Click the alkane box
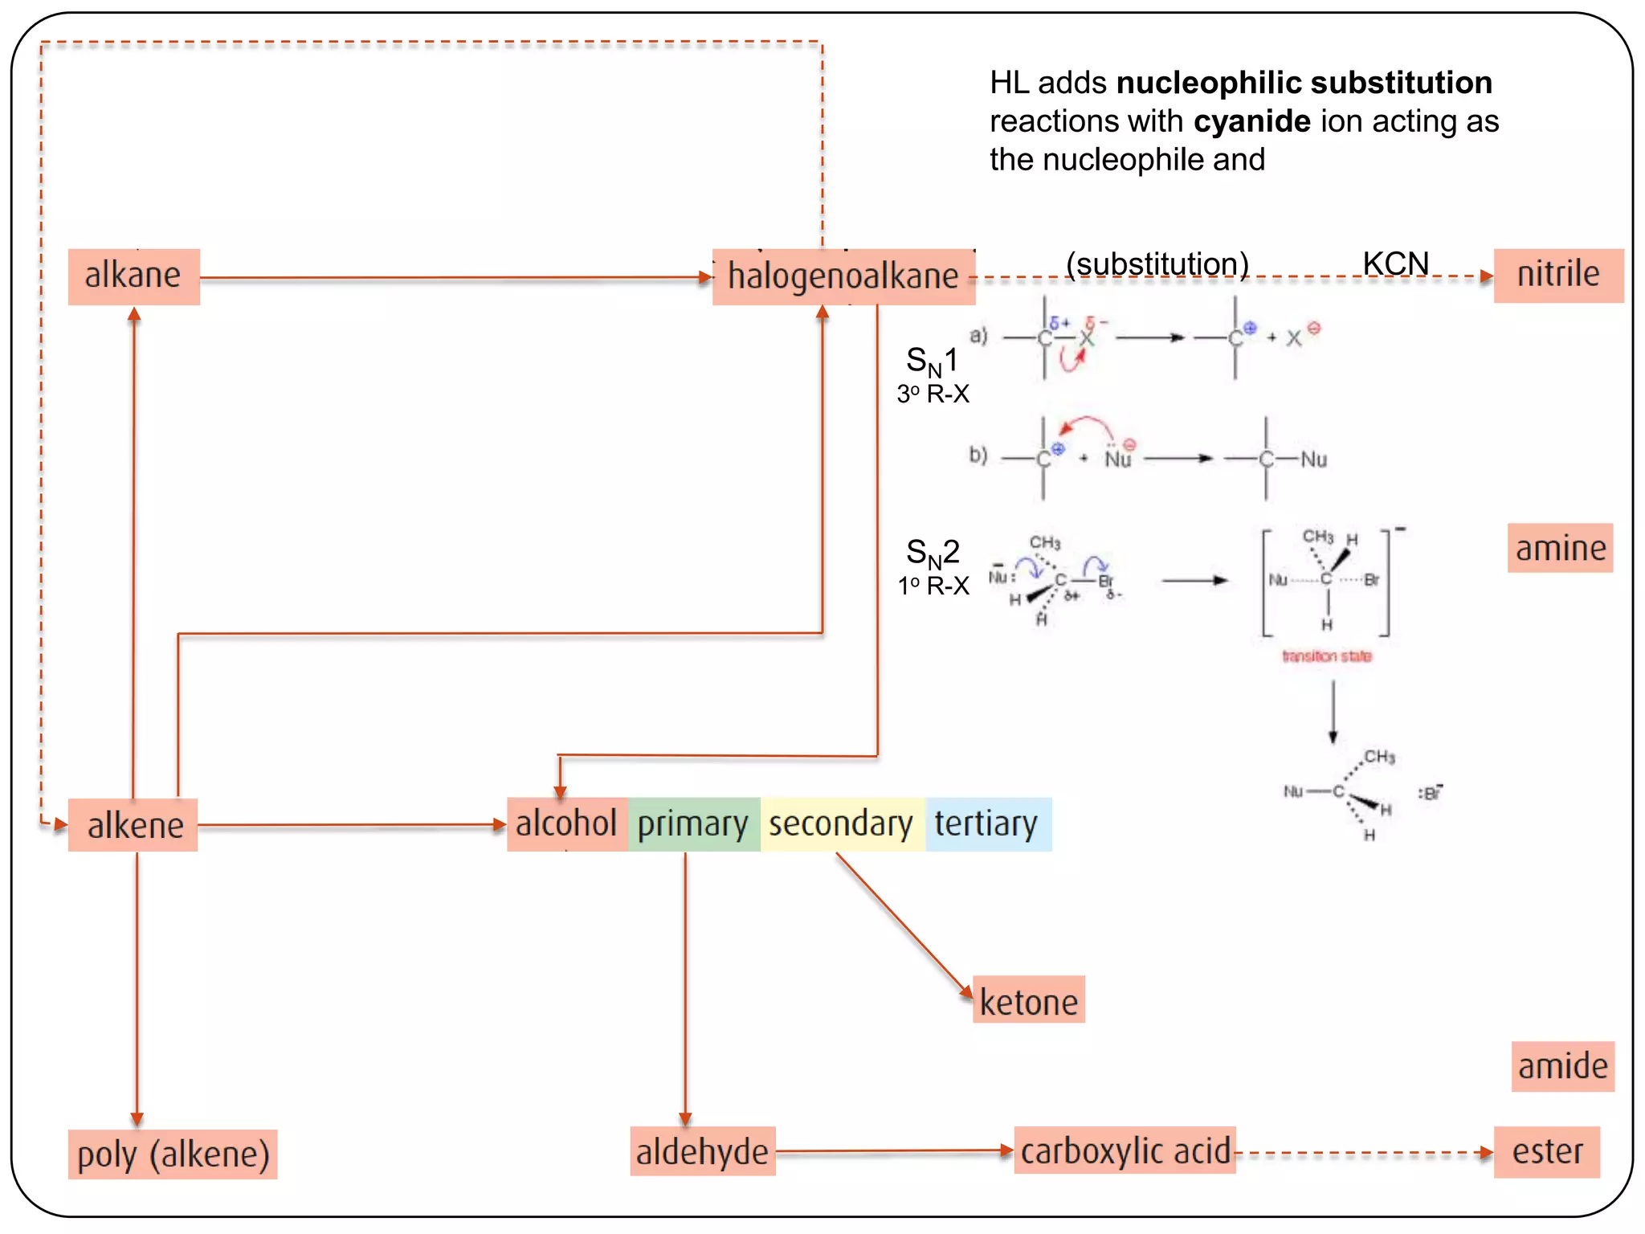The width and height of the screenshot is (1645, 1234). pos(133,276)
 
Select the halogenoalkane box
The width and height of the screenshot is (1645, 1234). pos(843,276)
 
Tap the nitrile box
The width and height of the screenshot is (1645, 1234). pos(1557,275)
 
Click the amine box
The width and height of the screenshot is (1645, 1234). pos(1560,549)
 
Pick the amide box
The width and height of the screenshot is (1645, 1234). pos(1562,1067)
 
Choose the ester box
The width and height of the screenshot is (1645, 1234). pos(1546,1152)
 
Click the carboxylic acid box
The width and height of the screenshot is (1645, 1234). pos(1125,1150)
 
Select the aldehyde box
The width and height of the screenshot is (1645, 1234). pos(702,1152)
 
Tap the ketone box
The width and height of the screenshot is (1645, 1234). pos(1028,1001)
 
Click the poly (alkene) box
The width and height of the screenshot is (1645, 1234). pos(173,1154)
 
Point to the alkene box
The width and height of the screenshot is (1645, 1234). pos(133,825)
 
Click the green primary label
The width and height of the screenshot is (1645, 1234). pos(693,824)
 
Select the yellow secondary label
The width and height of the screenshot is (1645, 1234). pos(841,824)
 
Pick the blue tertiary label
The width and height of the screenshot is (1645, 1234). pos(987,824)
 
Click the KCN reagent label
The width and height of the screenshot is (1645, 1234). pos(1395,264)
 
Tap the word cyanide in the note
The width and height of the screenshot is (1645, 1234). pos(1251,121)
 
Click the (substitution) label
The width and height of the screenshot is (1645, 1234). pos(1157,264)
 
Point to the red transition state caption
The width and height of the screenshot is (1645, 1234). pos(1326,656)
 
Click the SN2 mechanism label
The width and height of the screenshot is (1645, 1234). pos(933,553)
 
